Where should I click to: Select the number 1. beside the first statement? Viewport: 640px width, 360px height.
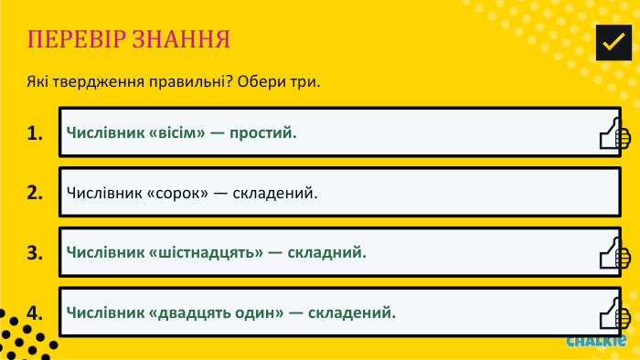click(x=36, y=133)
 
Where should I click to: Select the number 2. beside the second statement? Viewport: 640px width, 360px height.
click(x=36, y=193)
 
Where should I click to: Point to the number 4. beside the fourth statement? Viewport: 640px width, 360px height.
click(x=36, y=312)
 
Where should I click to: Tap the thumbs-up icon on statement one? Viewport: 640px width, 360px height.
click(x=613, y=135)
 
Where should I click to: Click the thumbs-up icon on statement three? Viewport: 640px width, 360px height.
click(x=613, y=255)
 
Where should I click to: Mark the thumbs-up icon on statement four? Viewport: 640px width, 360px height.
click(x=613, y=314)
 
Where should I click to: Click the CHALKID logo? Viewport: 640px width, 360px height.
click(x=595, y=342)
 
